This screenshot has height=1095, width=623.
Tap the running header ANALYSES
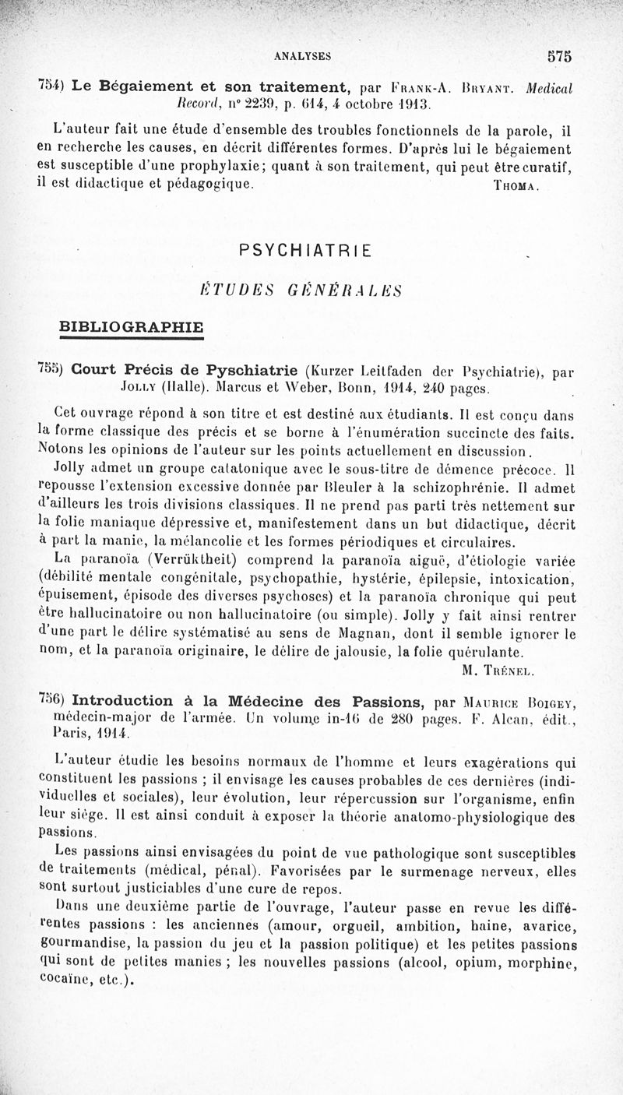304,55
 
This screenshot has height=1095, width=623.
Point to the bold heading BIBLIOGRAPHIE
132,325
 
